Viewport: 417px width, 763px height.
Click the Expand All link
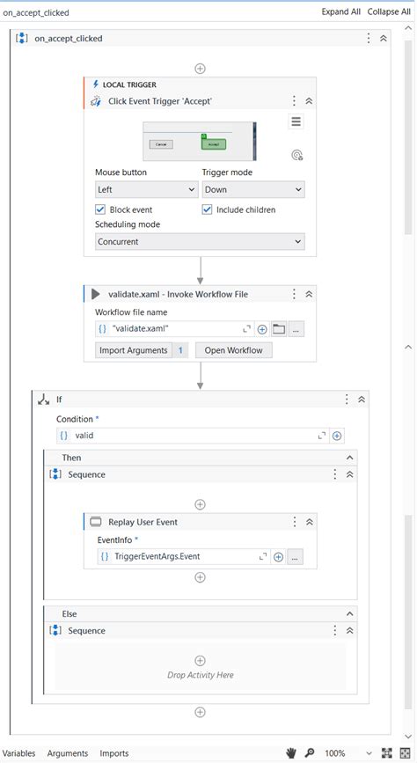pos(340,12)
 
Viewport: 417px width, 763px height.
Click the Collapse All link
pos(388,12)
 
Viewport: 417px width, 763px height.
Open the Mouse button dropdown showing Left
pos(146,189)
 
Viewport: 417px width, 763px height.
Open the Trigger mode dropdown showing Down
pos(253,189)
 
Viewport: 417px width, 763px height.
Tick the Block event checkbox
pos(100,209)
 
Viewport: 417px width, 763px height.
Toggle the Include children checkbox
pos(208,209)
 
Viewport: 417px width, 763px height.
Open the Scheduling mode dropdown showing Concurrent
pos(200,241)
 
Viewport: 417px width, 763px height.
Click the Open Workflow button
pos(233,350)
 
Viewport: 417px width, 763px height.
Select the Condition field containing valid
pos(189,435)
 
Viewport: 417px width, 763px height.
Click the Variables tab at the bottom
pos(18,753)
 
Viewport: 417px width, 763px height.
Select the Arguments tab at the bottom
pos(68,753)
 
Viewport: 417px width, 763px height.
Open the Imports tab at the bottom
pos(113,753)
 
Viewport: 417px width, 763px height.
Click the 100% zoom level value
pos(335,753)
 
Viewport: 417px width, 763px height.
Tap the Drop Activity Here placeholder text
pos(200,675)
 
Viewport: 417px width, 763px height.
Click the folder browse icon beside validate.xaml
pos(279,329)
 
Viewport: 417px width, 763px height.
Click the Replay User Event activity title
pos(143,522)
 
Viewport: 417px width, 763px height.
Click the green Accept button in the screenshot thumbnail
pos(214,143)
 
